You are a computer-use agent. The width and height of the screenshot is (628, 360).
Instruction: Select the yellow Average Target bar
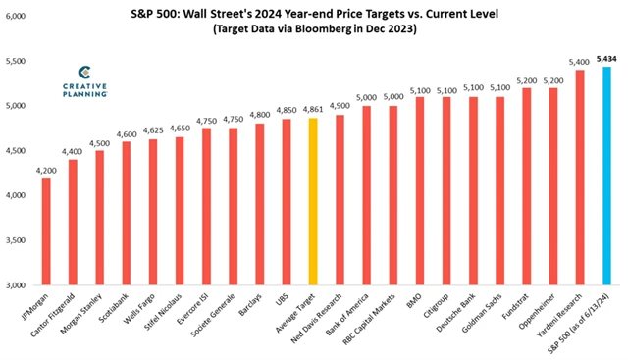click(x=313, y=201)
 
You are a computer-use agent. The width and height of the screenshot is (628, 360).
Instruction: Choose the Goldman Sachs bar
click(x=499, y=190)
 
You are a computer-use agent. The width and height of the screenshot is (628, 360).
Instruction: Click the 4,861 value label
click(x=313, y=110)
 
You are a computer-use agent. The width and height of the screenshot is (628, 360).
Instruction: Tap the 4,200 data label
click(x=46, y=169)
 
